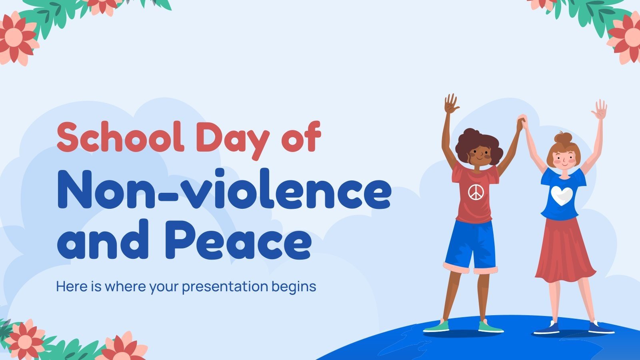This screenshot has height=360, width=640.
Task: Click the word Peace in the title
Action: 238,239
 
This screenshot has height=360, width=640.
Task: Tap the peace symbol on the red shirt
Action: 475,192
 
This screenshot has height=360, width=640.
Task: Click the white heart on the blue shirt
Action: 562,195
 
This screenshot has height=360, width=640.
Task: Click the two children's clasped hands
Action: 521,121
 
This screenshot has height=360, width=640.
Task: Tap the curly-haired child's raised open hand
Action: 452,104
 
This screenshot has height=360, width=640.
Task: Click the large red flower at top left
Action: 14,38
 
